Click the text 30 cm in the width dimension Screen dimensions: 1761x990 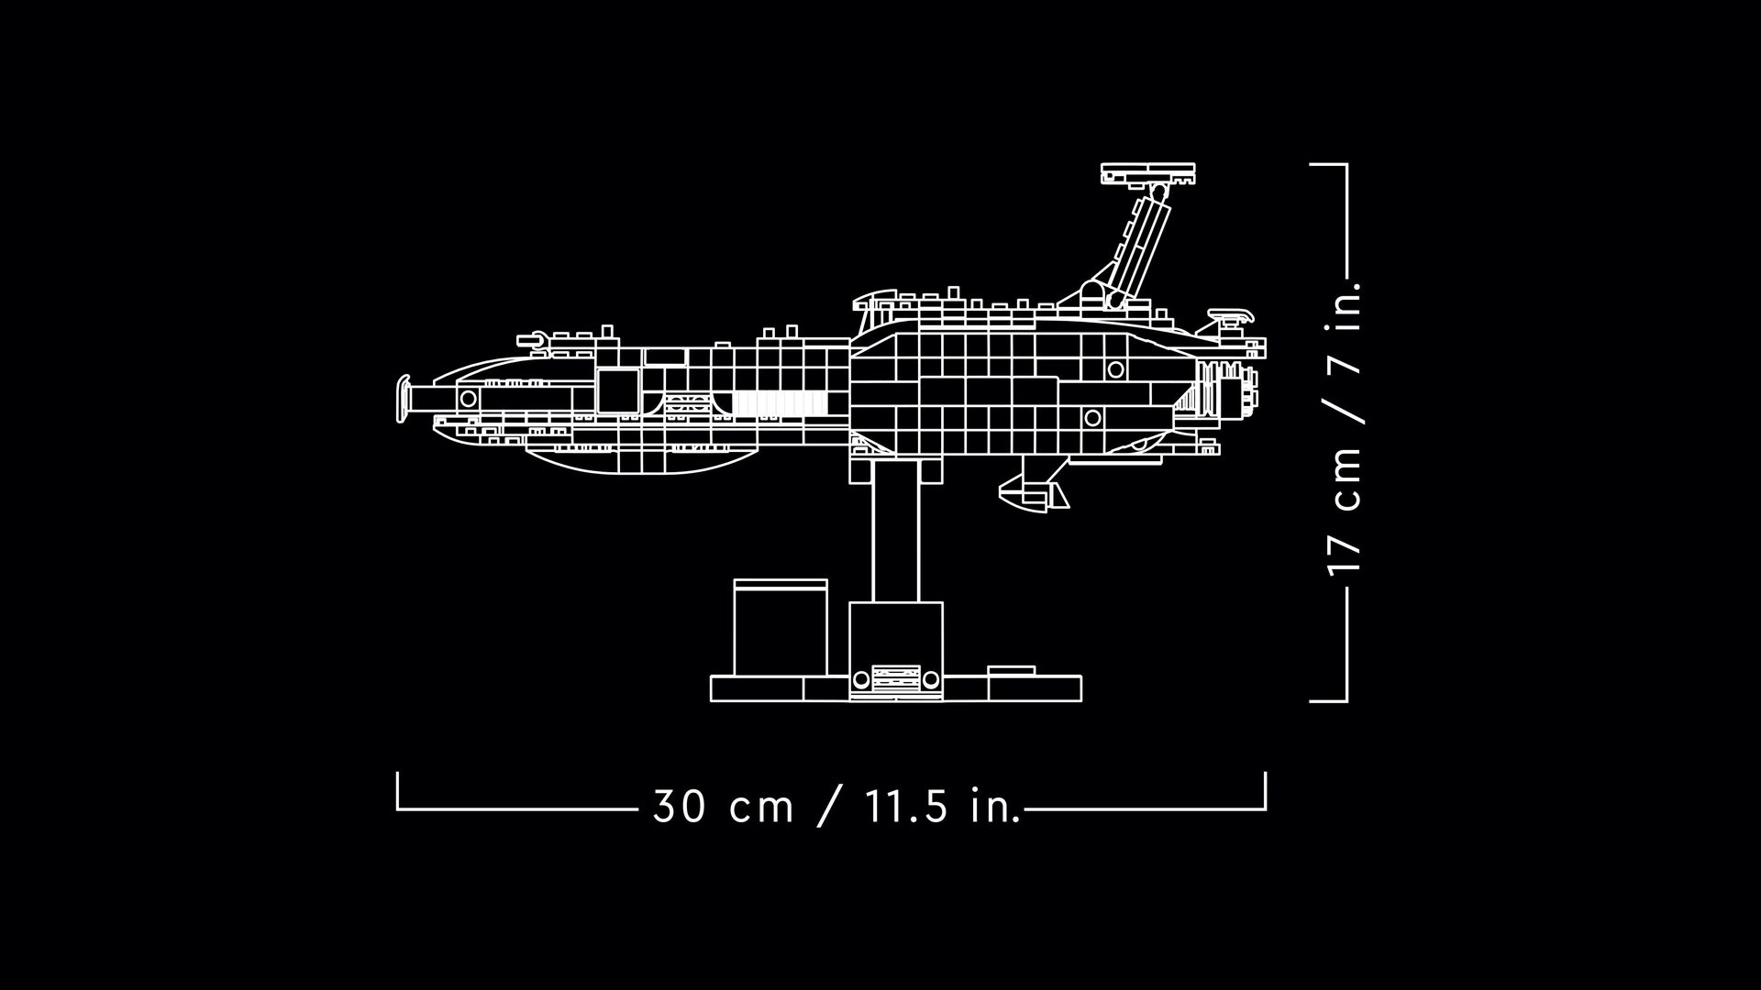(723, 808)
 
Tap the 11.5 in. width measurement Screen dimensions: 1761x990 (943, 808)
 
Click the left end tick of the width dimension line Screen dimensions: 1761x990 (397, 791)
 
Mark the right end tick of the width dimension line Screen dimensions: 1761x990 (1266, 791)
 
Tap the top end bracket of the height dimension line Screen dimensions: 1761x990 (1329, 165)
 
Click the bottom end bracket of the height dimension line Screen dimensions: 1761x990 (1329, 700)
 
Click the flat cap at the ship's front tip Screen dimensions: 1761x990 (402, 400)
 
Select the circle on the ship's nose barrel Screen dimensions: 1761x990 (468, 399)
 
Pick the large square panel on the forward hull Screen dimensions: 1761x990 (618, 391)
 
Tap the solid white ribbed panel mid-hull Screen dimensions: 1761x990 (780, 403)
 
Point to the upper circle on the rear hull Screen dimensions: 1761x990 (1115, 369)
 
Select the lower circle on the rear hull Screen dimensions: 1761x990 (1092, 418)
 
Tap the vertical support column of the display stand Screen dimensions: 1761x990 (896, 532)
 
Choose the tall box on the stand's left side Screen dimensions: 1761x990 (781, 628)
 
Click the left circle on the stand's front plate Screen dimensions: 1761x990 (861, 680)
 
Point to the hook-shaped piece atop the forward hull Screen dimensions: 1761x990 (536, 341)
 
